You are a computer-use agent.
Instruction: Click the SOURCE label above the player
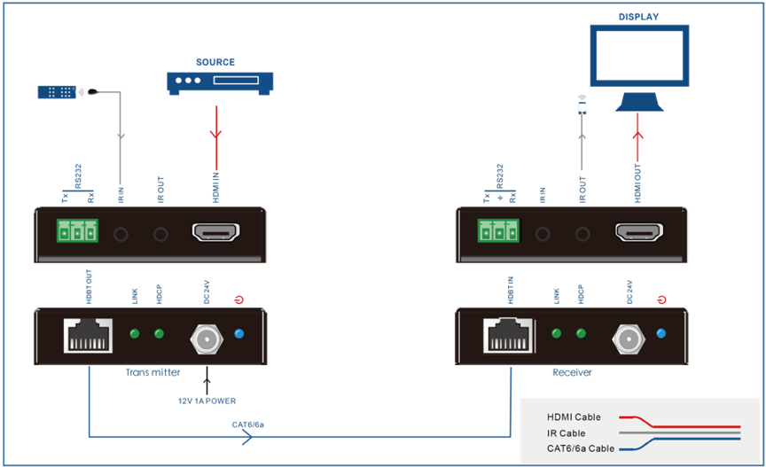215,62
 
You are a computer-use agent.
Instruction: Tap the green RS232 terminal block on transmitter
75,234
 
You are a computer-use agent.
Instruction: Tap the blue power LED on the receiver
660,334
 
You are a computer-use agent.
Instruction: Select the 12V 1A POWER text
206,401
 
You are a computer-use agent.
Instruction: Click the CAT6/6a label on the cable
248,424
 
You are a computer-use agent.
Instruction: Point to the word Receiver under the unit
572,373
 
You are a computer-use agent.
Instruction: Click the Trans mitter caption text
152,373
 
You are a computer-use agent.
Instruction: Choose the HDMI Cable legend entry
574,417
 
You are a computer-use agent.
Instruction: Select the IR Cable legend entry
567,433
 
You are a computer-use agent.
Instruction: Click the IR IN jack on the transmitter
121,235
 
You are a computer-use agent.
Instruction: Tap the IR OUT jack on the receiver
582,235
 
